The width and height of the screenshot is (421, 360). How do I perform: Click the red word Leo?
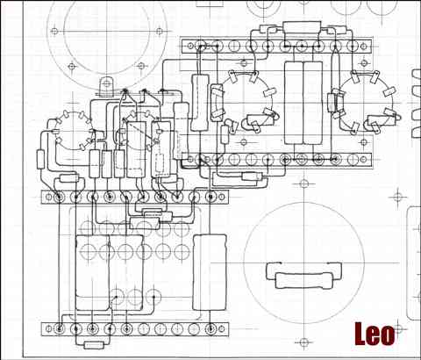point(375,334)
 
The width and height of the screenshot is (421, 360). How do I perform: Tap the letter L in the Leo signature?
point(360,334)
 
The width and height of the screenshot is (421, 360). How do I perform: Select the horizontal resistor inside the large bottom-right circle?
point(304,280)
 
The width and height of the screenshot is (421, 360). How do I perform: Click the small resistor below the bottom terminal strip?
point(94,345)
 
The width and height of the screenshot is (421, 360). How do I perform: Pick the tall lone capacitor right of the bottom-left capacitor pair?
point(210,272)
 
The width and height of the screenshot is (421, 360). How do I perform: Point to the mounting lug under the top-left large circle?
point(106,85)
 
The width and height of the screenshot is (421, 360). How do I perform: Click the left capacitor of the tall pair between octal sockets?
point(294,103)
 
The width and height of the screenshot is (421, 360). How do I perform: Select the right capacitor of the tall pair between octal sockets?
point(313,103)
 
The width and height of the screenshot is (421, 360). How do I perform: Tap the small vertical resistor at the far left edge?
point(40,159)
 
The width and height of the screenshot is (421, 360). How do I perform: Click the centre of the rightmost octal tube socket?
point(366,102)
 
